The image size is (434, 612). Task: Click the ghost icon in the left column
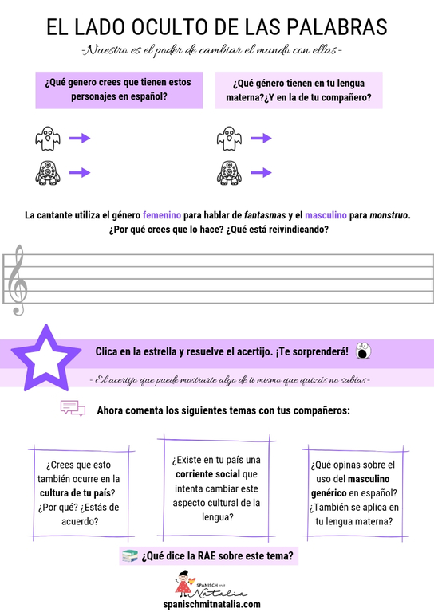47,139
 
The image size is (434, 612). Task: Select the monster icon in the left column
47,172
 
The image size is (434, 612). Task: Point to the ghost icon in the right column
228,139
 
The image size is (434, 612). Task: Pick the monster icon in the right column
228,172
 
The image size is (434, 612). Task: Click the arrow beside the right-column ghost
260,139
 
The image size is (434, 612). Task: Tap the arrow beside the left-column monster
80,172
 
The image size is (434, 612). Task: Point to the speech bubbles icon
73,410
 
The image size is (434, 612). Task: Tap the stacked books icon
128,555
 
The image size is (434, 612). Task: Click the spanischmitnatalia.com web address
216,604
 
